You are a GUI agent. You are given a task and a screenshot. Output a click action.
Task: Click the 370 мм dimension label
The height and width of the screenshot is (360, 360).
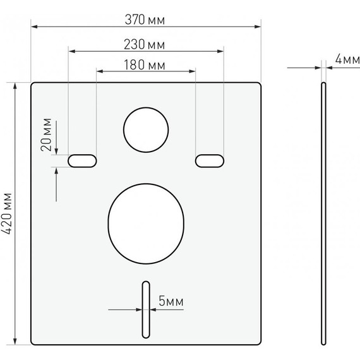coord(145,20)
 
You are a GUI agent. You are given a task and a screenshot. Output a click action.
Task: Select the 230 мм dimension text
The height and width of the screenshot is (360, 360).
coord(145,45)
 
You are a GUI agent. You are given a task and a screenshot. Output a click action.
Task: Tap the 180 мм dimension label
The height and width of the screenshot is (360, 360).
coord(145,65)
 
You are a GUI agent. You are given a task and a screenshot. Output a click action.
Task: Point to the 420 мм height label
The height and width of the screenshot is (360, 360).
coord(7,213)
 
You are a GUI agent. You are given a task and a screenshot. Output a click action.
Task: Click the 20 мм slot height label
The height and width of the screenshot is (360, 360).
coord(46,135)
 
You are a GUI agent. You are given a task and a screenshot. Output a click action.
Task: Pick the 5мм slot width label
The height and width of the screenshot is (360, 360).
coord(171,301)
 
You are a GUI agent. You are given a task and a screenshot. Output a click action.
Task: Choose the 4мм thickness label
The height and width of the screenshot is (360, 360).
coord(347,59)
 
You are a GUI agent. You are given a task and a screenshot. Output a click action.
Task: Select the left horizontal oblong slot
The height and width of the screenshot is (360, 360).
coord(82,161)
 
